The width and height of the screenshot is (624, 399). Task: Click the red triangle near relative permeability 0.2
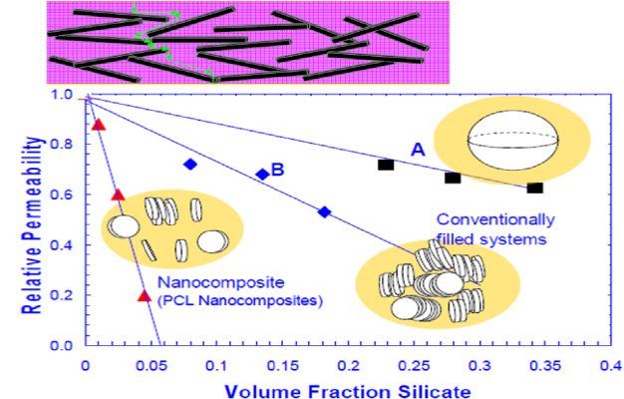click(144, 294)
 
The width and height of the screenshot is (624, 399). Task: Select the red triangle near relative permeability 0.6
click(118, 195)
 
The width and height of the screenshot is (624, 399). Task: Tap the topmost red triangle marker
click(98, 124)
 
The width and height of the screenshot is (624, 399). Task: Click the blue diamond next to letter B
click(262, 175)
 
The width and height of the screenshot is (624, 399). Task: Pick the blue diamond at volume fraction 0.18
click(324, 211)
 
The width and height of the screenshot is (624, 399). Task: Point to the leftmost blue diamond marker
click(189, 164)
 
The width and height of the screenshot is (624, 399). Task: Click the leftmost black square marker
click(386, 164)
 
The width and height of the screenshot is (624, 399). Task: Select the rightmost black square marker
click(534, 188)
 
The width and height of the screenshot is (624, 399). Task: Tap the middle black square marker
click(453, 178)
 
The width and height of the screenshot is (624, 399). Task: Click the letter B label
click(278, 170)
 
